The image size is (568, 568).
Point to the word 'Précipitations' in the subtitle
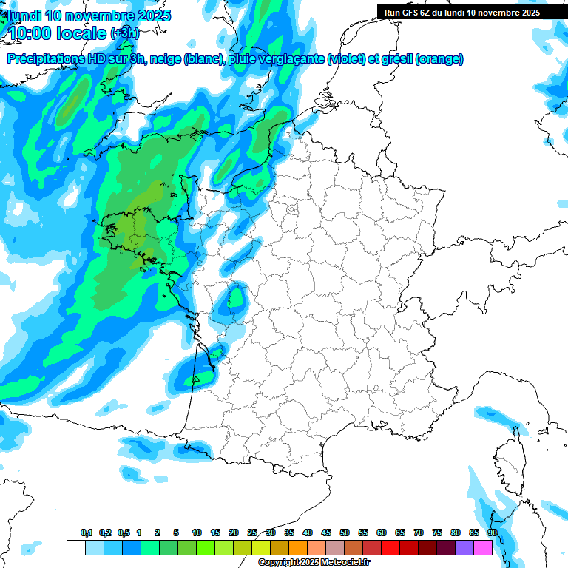(46, 59)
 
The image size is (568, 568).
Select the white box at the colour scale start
(75, 547)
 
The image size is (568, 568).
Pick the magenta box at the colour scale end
(483, 547)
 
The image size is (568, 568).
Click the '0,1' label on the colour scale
(87, 533)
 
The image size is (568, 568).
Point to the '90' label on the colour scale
(492, 533)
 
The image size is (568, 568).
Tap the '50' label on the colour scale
(345, 533)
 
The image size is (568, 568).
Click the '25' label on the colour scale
(252, 533)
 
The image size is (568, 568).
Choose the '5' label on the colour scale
(176, 533)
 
